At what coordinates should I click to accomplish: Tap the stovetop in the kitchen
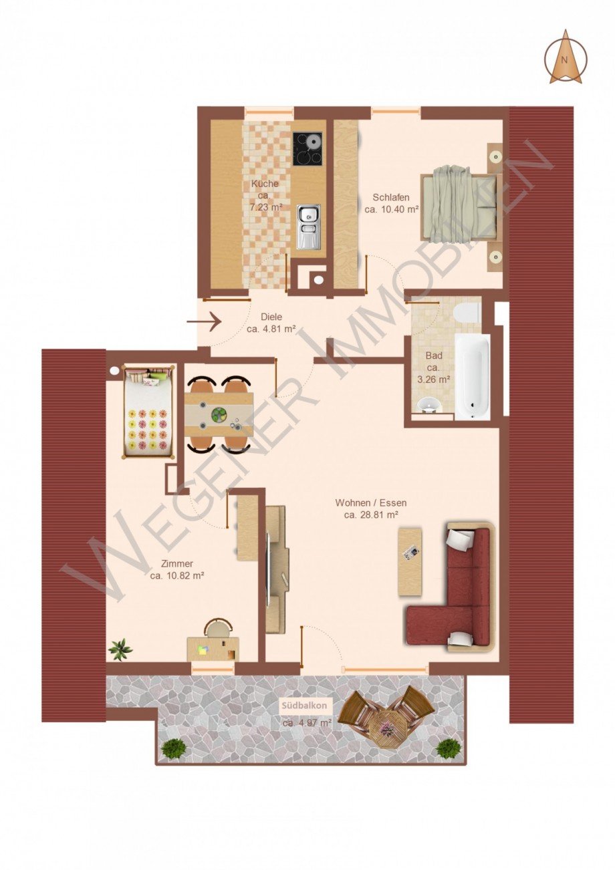307,148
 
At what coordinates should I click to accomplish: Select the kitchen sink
307,227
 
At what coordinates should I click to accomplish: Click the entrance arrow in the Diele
204,321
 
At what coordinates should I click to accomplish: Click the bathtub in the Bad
472,376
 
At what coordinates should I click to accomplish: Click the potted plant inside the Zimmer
120,648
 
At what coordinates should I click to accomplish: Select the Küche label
265,184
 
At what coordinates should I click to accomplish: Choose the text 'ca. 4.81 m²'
271,329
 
